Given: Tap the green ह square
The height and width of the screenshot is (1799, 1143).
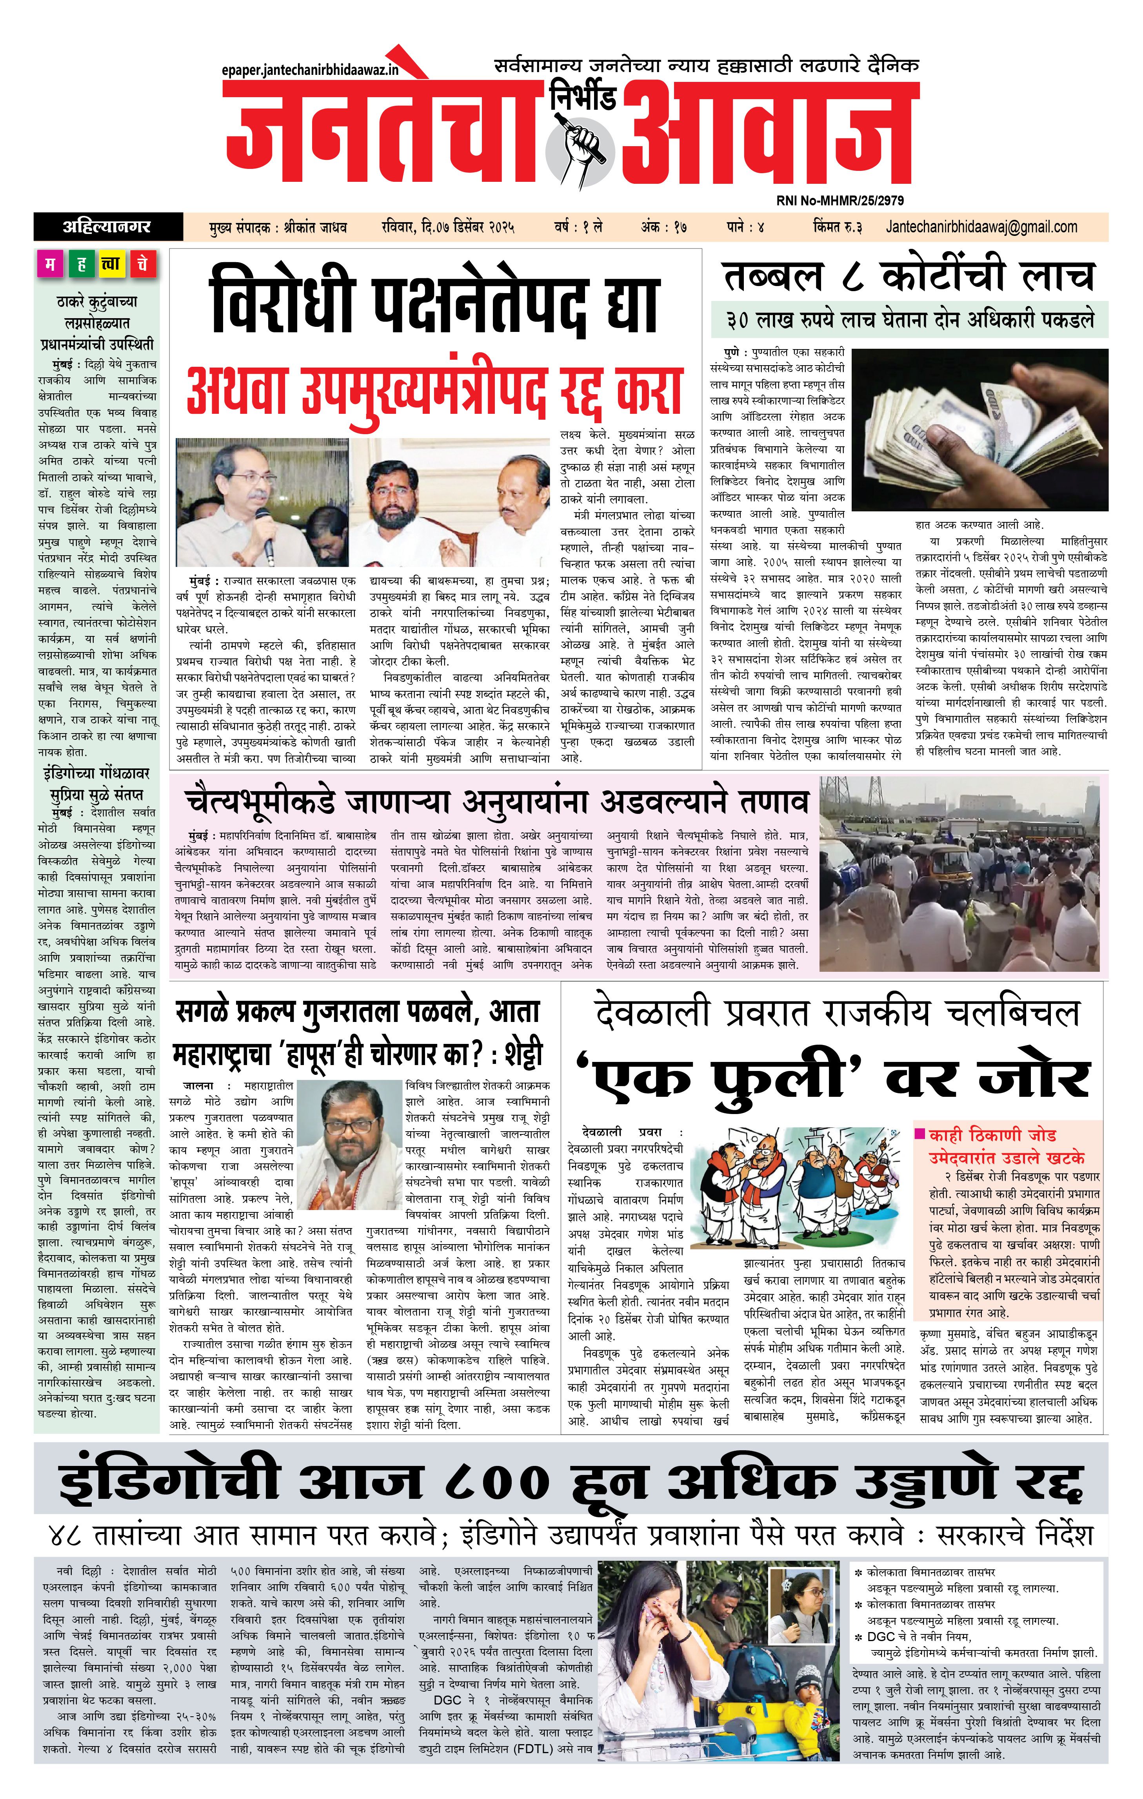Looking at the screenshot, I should coord(81,265).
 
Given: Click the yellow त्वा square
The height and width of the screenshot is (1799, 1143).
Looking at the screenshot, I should coord(111,265).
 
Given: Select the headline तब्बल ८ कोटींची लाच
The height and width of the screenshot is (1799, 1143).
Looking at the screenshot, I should coord(908,276).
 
